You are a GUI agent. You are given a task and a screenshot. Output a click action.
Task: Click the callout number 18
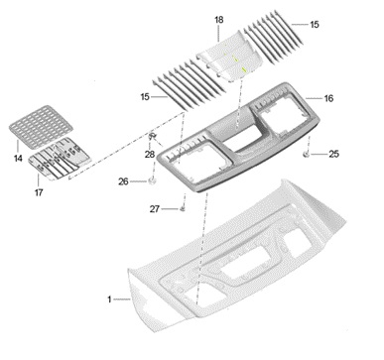pos(219,20)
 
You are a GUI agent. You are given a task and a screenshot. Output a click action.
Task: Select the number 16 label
pos(328,98)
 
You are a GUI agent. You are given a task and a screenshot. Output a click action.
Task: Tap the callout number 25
pos(333,154)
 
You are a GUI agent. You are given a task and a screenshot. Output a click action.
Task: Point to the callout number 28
pos(150,154)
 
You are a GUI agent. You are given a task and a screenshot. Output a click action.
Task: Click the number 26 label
pos(123,181)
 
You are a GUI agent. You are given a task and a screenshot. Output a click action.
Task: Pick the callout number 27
pos(155,209)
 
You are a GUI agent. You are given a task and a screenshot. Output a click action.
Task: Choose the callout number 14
pos(18,159)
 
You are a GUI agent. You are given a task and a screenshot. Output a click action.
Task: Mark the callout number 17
pos(39,192)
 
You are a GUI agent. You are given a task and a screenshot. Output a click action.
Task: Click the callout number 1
pos(109,300)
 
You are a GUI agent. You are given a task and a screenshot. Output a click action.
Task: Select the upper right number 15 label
pos(315,24)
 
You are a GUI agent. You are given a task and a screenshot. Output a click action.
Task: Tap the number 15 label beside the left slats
pos(145,97)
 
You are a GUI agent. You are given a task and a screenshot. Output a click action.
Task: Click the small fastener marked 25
pos(307,154)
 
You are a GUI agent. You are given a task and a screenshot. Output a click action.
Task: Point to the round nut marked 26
pos(153,180)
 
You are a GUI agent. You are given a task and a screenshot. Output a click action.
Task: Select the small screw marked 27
pos(183,208)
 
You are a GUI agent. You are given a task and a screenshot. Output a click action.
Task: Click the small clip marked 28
pos(153,136)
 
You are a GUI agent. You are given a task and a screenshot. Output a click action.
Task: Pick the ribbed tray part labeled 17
pos(60,159)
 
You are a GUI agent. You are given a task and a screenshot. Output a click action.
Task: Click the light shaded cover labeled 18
pos(230,57)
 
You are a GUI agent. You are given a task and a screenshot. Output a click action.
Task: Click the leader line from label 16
pos(314,98)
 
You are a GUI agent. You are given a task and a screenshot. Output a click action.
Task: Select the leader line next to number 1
pos(122,300)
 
